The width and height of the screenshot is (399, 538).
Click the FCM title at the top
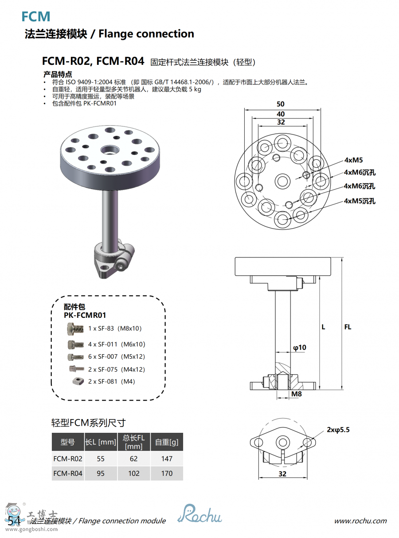tap(36, 17)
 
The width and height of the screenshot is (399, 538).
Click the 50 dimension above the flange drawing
tap(281, 104)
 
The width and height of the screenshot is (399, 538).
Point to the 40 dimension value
tap(281, 114)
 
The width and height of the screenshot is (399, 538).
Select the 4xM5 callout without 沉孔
tap(353, 160)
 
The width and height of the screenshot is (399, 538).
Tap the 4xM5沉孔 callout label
tap(360, 201)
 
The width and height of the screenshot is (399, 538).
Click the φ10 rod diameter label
tap(300, 348)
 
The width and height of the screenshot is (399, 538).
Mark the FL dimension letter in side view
tap(348, 327)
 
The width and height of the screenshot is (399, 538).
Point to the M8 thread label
tap(297, 394)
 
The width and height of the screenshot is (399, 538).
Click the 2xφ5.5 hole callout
tap(339, 430)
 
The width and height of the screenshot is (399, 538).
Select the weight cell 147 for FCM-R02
tap(167, 459)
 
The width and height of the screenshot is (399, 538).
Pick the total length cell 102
tap(134, 473)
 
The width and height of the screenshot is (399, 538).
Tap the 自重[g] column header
tap(167, 442)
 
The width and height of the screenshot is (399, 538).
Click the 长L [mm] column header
tap(101, 442)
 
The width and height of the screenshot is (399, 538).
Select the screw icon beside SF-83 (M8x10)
tap(75, 329)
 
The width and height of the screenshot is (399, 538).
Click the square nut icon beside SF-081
tap(78, 381)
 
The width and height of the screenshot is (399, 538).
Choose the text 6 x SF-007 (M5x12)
tap(117, 357)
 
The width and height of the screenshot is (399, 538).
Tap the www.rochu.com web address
tap(360, 521)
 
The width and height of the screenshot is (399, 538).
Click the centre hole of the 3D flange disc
tap(109, 150)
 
